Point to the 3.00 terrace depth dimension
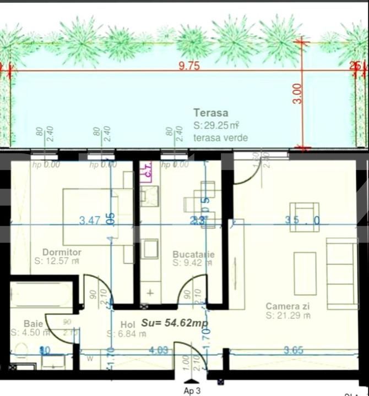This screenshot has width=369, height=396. click(x=297, y=94)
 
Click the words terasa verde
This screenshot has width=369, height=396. click(x=220, y=137)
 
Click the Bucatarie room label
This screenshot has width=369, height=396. click(x=193, y=254)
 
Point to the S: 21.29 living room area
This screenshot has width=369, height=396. click(x=287, y=316)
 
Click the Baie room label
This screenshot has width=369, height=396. click(x=33, y=323)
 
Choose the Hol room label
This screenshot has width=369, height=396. click(x=127, y=324)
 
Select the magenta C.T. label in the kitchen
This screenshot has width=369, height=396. click(x=146, y=171)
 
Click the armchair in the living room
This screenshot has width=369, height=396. click(x=304, y=214)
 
